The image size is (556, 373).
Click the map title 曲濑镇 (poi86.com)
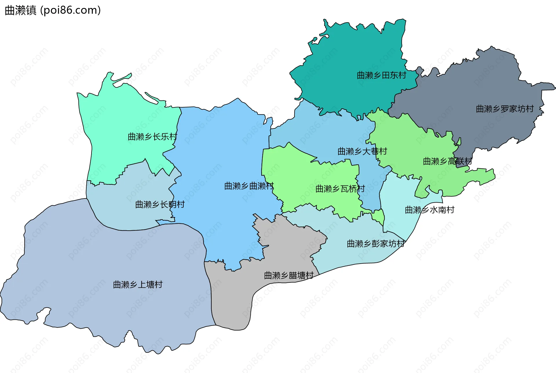pyautogui.click(x=53, y=10)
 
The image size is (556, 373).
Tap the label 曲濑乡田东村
pyautogui.click(x=381, y=76)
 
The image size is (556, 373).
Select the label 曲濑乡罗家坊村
pyautogui.click(x=505, y=109)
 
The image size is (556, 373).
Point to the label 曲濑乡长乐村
pyautogui.click(x=152, y=137)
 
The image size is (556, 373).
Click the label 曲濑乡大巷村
pyautogui.click(x=362, y=151)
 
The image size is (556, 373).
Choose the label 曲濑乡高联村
pyautogui.click(x=447, y=161)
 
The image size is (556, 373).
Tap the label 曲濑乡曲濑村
pyautogui.click(x=249, y=186)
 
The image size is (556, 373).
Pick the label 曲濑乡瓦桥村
pyautogui.click(x=340, y=189)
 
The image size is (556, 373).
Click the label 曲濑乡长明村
pyautogui.click(x=160, y=205)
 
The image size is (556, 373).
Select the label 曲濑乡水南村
pyautogui.click(x=429, y=210)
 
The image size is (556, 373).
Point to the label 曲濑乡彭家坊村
pyautogui.click(x=376, y=244)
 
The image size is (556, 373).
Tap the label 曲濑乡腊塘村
pyautogui.click(x=289, y=275)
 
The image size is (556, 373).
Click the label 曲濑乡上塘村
pyautogui.click(x=138, y=285)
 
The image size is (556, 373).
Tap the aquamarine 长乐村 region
pyautogui.click(x=122, y=116)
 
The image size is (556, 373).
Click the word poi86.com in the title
pyautogui.click(x=70, y=10)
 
